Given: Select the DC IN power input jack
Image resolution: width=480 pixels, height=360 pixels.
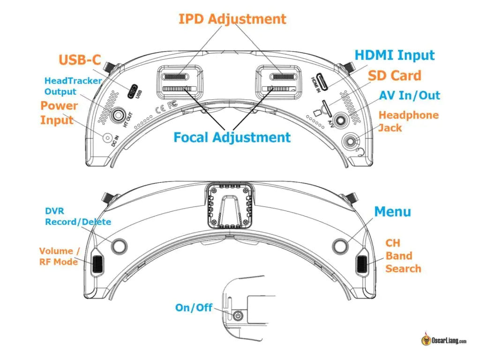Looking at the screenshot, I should tap(108, 138).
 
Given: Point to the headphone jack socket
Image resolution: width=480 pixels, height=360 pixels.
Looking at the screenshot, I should tap(351, 141).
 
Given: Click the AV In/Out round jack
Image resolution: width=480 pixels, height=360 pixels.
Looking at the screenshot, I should tap(341, 120).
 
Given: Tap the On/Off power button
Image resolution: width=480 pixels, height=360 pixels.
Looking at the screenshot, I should tap(239, 316).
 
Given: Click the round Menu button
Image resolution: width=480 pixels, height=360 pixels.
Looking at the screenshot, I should tap(339, 245).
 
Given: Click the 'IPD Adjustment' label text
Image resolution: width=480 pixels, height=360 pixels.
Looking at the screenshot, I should tap(232, 19).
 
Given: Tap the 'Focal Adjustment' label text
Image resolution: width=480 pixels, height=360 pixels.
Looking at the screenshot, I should tap(232, 137).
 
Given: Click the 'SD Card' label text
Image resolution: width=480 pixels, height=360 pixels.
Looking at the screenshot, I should tap(394, 75).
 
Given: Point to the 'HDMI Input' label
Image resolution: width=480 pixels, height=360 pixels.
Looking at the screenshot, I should tap(394, 55).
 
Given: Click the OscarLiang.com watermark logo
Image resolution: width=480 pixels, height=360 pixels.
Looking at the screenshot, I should tap(443, 340).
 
